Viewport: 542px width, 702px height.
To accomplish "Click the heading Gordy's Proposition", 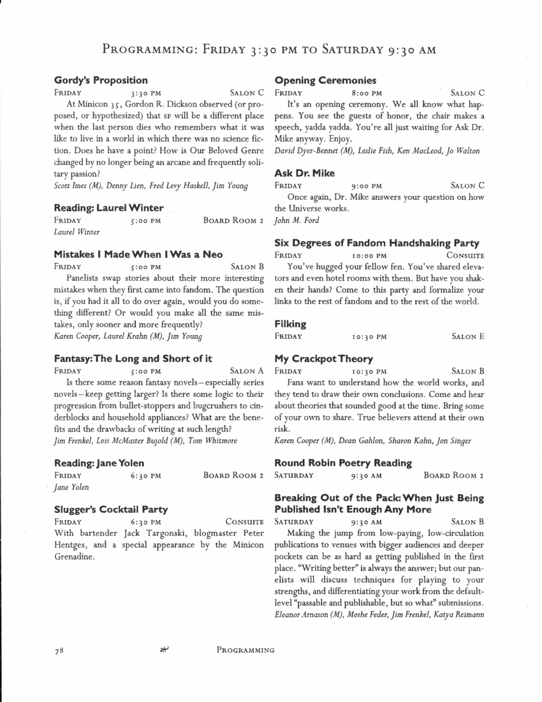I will click(101, 80).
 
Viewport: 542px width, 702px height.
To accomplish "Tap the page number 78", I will click(59, 650).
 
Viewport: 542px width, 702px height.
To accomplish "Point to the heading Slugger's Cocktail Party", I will click(111, 509).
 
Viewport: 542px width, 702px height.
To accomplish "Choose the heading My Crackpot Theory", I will click(323, 359).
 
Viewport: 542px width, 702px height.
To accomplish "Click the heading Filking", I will click(290, 324).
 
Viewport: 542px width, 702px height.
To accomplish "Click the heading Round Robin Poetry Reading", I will click(342, 463).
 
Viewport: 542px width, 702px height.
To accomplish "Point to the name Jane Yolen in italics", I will click(71, 487).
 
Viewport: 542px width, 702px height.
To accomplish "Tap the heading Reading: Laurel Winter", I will click(108, 208).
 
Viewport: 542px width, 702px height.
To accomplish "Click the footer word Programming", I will click(245, 650).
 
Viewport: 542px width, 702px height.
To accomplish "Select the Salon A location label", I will click(247, 371).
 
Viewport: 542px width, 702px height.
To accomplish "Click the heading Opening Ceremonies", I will click(325, 80).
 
